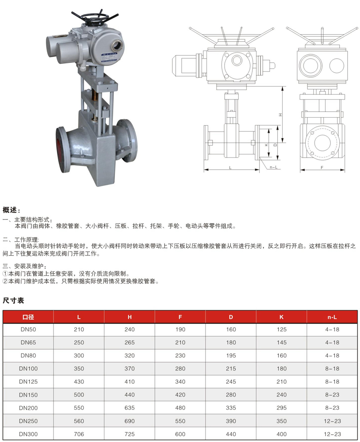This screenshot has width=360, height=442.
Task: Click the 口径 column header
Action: pyautogui.click(x=28, y=317)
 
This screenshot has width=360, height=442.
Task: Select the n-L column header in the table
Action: pyautogui.click(x=332, y=317)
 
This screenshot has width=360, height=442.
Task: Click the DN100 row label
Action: pyautogui.click(x=28, y=368)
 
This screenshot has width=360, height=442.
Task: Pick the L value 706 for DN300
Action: pyautogui.click(x=79, y=434)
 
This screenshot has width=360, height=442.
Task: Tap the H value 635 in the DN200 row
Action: pyautogui.click(x=129, y=408)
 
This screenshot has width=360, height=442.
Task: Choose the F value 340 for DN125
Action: pyautogui.click(x=180, y=382)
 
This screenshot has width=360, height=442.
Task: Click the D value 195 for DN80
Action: pyautogui.click(x=231, y=355)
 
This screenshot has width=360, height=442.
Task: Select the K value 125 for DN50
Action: pyautogui.click(x=281, y=329)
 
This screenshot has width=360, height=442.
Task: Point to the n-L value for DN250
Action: pyautogui.click(x=332, y=421)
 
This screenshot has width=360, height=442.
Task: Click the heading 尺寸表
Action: pyautogui.click(x=13, y=300)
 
